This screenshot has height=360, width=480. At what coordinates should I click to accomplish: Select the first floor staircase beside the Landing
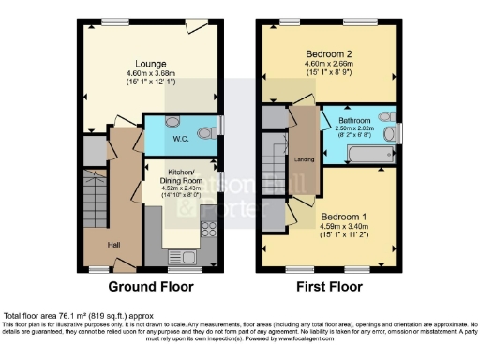coord(275,171)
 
